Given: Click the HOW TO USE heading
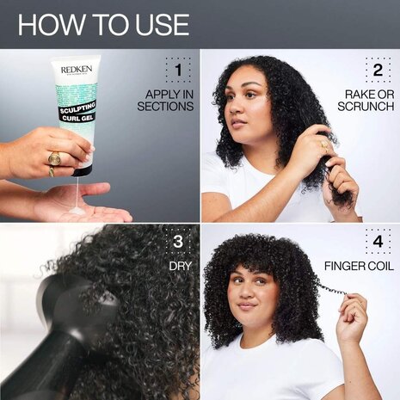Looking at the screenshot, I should [103, 24].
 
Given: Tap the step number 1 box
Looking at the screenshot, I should [178, 70].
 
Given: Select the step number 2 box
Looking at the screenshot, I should [377, 70].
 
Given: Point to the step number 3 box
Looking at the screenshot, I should [178, 242].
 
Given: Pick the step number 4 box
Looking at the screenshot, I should [377, 242].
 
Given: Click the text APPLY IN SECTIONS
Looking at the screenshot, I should [165, 100].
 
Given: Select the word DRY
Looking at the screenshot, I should [179, 267].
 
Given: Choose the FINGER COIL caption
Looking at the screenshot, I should [359, 267].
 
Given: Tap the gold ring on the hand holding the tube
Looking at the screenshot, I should [53, 158].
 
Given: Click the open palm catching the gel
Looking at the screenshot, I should [82, 202].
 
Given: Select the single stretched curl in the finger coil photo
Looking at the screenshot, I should [331, 288].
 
